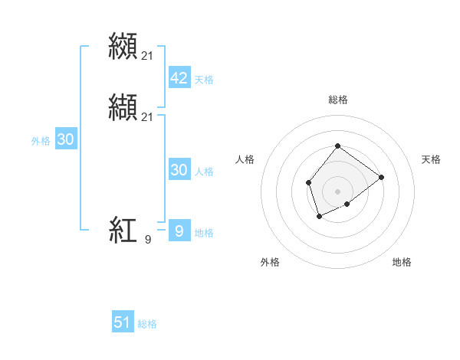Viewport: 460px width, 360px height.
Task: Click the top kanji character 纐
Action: [x=123, y=46]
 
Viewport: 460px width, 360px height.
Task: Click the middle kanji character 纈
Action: [x=123, y=107]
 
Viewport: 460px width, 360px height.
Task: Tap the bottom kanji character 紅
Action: [x=123, y=231]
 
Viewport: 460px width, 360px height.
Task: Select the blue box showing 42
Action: [x=179, y=78]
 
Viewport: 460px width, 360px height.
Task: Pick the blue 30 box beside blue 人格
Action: [x=179, y=170]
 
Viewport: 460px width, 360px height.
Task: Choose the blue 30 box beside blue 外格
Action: [x=66, y=139]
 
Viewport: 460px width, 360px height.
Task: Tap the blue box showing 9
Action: [x=179, y=231]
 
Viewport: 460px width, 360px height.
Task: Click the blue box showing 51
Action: [x=123, y=322]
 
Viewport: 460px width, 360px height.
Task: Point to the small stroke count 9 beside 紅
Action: [x=147, y=240]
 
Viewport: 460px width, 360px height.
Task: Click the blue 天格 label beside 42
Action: [x=204, y=80]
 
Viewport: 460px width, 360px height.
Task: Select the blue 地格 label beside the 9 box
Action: [x=204, y=233]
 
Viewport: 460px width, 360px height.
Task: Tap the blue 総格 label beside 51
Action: [x=147, y=324]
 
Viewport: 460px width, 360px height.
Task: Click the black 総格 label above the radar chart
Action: [x=338, y=100]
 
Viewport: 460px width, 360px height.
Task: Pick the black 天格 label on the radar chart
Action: [x=431, y=159]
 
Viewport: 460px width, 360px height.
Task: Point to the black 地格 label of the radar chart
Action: [x=402, y=262]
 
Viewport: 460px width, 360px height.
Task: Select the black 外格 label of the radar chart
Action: [x=270, y=262]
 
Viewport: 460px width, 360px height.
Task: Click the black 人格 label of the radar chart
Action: [x=245, y=159]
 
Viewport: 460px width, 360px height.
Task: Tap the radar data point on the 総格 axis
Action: [x=337, y=146]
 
